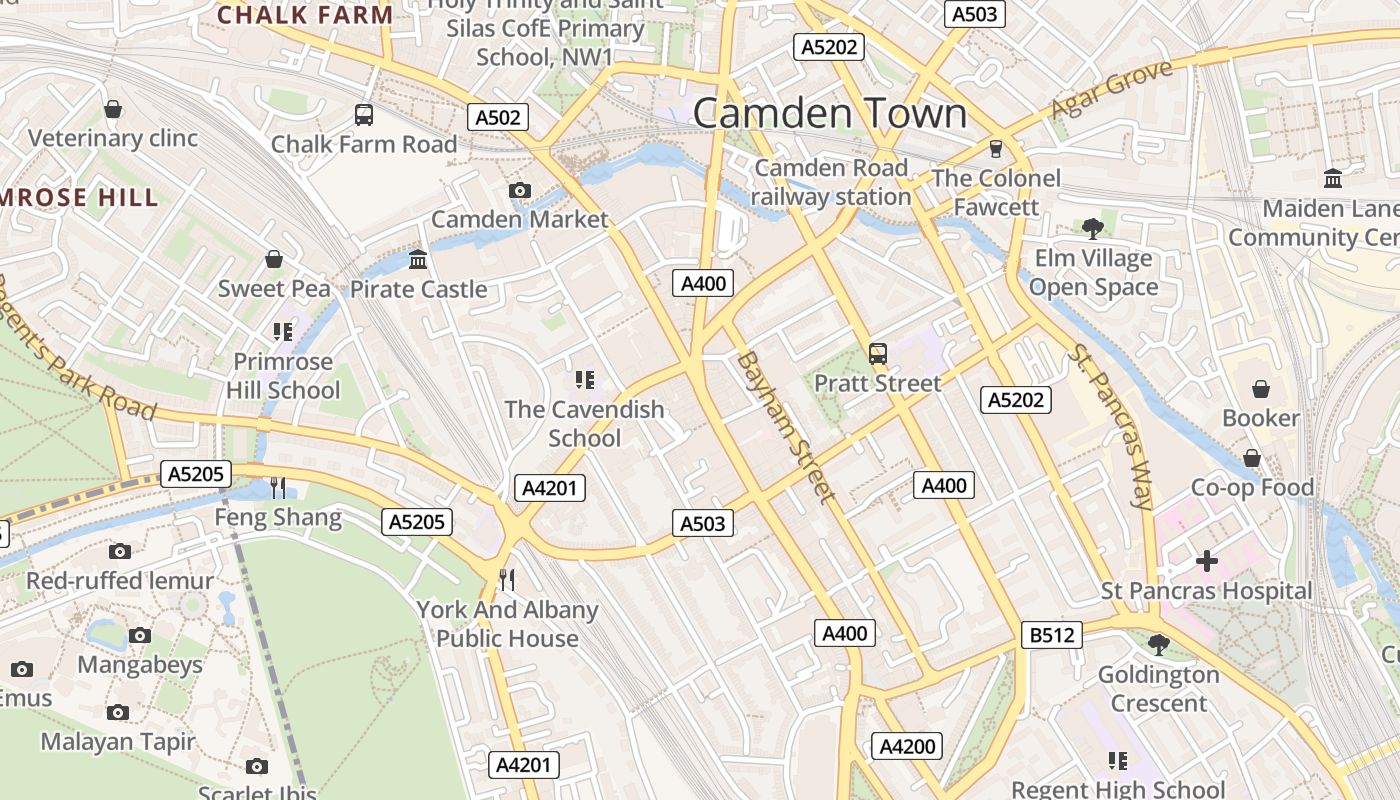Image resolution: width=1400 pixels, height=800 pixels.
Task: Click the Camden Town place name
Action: click(830, 113)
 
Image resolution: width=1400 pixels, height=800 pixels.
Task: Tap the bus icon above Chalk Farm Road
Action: click(364, 115)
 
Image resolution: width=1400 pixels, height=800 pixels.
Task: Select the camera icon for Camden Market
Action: click(519, 190)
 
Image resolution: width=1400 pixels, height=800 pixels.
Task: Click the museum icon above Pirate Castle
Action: click(418, 260)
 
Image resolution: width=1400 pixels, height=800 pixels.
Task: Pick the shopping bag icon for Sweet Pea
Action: click(274, 260)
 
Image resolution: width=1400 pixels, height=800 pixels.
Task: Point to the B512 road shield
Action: click(1051, 634)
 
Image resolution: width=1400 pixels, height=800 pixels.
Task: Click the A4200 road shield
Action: click(908, 746)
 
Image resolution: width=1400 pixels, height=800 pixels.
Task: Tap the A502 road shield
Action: click(498, 117)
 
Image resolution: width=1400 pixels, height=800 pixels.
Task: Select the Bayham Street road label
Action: click(785, 426)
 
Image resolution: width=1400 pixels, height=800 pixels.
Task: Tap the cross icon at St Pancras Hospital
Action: click(1207, 561)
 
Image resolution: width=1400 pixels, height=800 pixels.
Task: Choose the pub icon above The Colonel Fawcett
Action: click(995, 149)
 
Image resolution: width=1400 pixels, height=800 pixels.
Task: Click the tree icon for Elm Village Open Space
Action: click(1093, 229)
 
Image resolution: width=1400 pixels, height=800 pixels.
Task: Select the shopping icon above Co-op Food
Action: click(1251, 458)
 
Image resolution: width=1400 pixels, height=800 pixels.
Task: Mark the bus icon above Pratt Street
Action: click(878, 353)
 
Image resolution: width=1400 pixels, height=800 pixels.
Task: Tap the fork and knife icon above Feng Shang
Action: click(278, 488)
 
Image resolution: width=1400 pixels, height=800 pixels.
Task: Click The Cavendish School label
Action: click(584, 423)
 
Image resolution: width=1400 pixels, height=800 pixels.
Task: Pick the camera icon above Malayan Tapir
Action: click(118, 712)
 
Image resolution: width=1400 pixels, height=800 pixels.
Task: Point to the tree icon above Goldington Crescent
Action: click(1159, 645)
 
